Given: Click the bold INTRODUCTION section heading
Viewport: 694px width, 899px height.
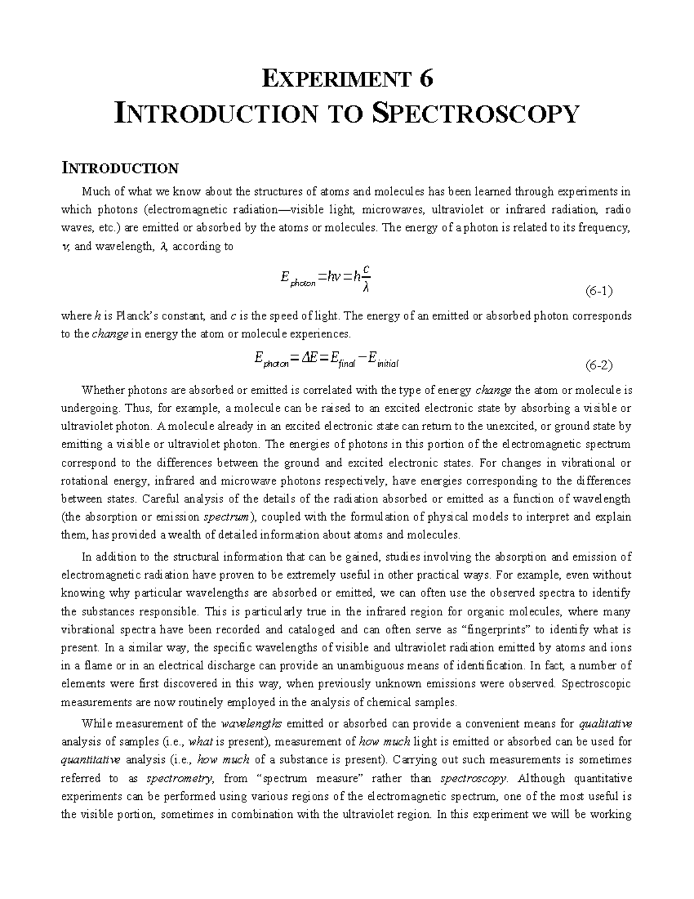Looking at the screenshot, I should [120, 168].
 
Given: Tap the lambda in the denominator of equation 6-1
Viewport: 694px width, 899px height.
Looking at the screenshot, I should [365, 288].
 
